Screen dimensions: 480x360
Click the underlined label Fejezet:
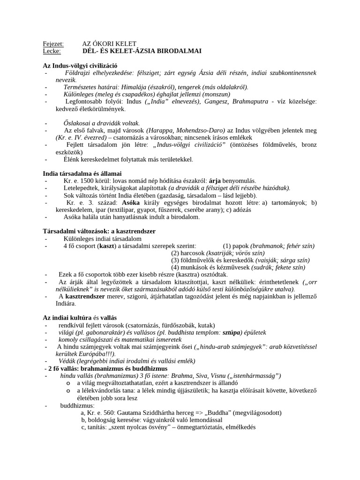(x=53, y=44)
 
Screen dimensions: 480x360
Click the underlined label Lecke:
(x=52, y=51)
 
